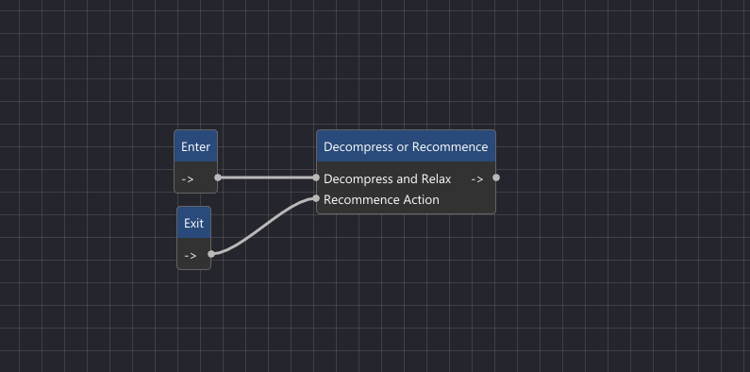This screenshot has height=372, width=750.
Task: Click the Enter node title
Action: point(195,147)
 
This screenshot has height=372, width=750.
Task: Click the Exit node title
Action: point(193,224)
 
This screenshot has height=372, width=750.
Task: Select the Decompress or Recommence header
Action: point(406,147)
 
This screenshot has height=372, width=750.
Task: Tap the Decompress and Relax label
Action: point(387,178)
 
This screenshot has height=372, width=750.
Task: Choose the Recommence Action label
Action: point(381,199)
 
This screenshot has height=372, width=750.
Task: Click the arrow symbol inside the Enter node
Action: point(188,178)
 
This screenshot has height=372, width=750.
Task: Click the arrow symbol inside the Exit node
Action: point(190,255)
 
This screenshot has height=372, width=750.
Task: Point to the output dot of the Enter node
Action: point(218,178)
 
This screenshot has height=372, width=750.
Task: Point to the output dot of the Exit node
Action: point(211,253)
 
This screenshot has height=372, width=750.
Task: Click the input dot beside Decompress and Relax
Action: point(317,178)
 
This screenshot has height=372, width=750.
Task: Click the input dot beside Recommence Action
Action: point(317,198)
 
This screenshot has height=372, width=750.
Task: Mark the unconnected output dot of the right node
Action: point(496,178)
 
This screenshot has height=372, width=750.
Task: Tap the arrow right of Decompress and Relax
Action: point(476,178)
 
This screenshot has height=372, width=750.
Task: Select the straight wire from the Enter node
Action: point(267,178)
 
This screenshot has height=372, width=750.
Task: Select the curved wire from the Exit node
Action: point(264,225)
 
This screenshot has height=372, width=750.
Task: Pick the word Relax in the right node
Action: point(435,178)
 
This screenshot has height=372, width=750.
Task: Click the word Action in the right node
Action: point(421,199)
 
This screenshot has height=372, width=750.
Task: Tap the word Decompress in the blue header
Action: point(356,147)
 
